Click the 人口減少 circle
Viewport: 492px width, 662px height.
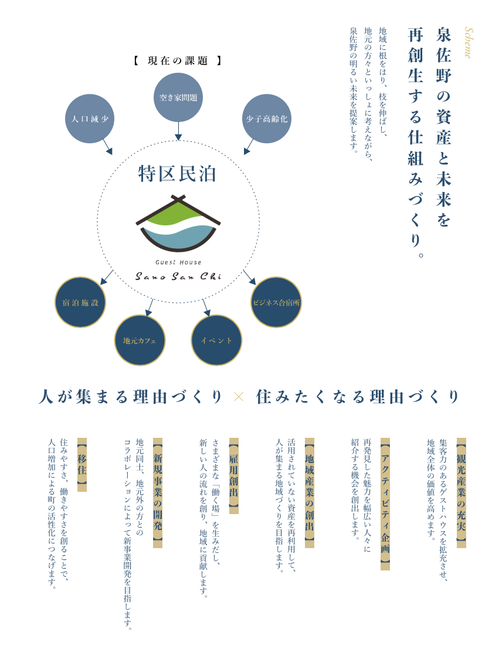tap(90, 119)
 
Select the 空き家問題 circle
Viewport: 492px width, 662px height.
tap(178, 97)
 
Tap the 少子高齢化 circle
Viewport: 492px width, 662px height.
tap(267, 119)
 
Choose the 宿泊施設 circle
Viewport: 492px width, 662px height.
tap(80, 302)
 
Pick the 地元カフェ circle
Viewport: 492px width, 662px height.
tap(140, 340)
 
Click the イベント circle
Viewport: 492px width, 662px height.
tap(216, 340)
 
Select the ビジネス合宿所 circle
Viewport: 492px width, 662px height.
tap(276, 302)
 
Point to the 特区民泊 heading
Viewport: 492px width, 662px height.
tap(177, 174)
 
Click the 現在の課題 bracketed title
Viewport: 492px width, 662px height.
tap(178, 61)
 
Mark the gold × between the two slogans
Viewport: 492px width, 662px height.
tap(239, 397)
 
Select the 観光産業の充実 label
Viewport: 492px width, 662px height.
tap(461, 493)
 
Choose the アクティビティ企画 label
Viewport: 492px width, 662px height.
tap(385, 504)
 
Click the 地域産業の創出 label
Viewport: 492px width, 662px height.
tap(310, 493)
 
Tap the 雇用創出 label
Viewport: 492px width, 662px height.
tap(234, 476)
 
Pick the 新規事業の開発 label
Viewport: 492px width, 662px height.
tap(158, 493)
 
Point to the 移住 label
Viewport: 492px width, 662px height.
tap(82, 465)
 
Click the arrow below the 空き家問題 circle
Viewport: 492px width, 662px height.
tap(178, 131)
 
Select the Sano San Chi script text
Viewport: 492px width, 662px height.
tap(178, 276)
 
